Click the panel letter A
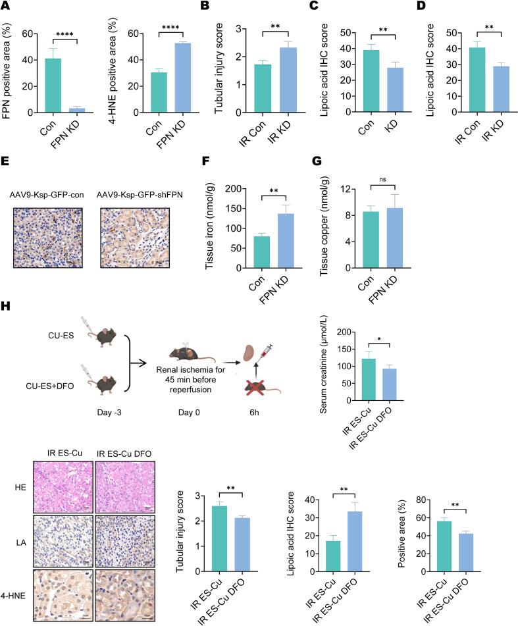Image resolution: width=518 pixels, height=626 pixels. pos(6,7)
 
